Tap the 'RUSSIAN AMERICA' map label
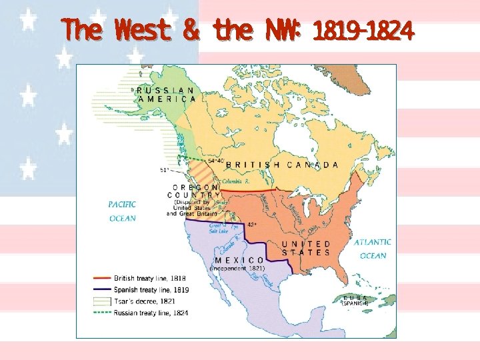click(166, 94)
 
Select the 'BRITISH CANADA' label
click(282, 165)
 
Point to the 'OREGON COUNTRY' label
click(197, 191)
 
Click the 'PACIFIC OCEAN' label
click(123, 211)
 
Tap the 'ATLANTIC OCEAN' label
click(373, 249)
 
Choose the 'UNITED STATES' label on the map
click(305, 249)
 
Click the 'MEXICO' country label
click(239, 260)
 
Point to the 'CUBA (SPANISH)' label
click(355, 301)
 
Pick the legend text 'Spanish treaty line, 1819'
click(151, 290)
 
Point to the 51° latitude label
click(164, 171)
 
